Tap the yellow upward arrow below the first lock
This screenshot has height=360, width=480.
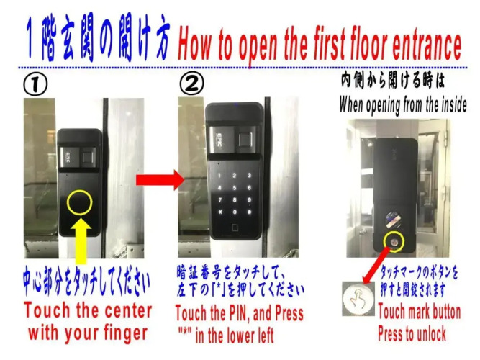[x=81, y=240]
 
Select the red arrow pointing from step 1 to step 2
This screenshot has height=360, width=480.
[x=160, y=180]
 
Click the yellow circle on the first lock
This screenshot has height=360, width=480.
[x=80, y=202]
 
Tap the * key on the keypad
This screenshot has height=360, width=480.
[x=219, y=212]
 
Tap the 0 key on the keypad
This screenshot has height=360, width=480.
[x=235, y=212]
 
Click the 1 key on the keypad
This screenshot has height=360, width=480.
[x=219, y=176]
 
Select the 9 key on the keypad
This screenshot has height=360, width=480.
[x=249, y=199]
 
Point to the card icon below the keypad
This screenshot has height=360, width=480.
[x=235, y=228]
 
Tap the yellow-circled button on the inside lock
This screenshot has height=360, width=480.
[x=394, y=242]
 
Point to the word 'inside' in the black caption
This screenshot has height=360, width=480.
[x=454, y=105]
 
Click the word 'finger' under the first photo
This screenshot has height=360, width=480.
[x=125, y=333]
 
